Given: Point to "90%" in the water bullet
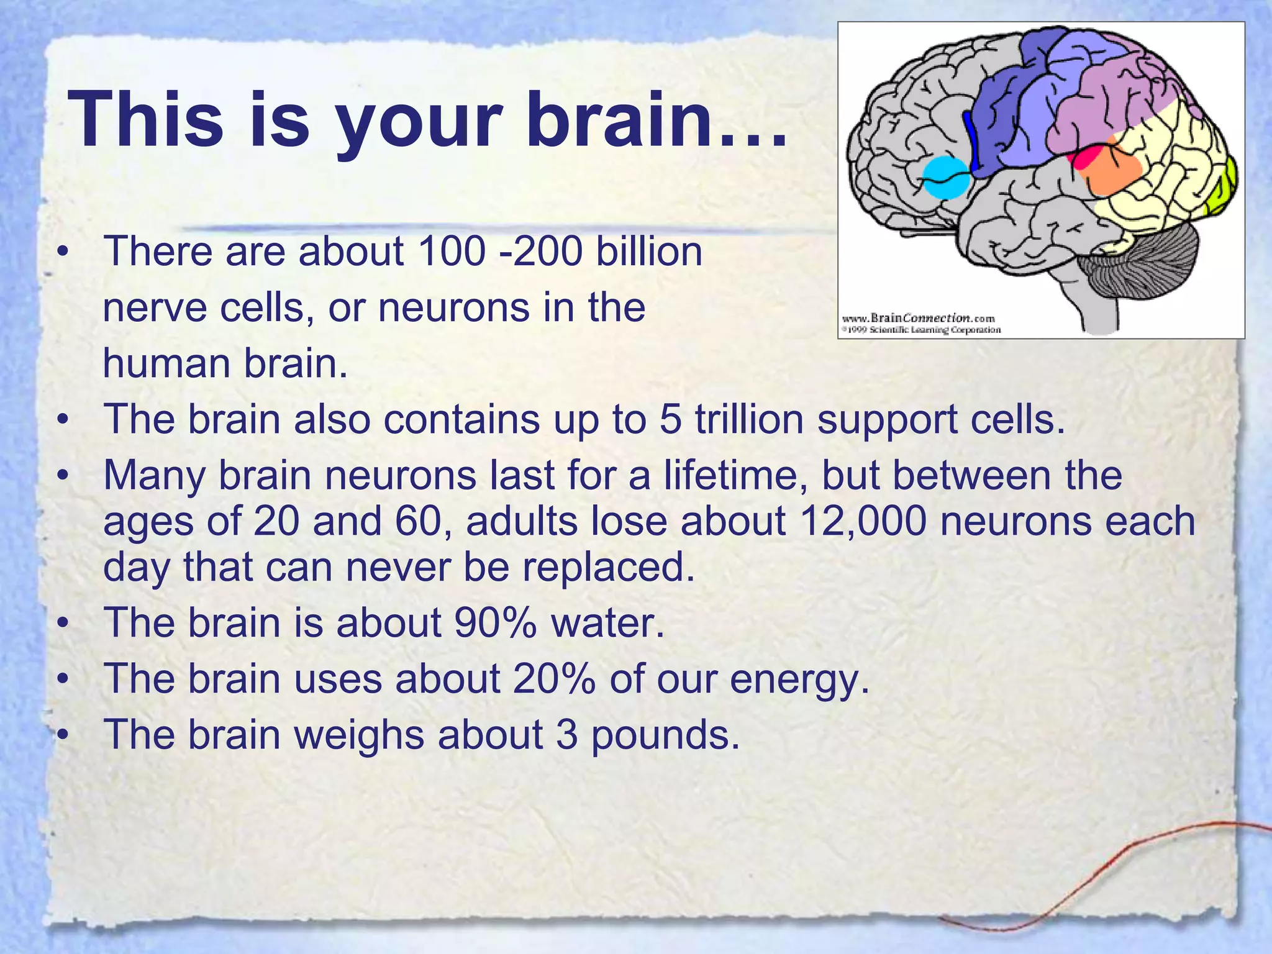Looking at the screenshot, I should [x=495, y=622].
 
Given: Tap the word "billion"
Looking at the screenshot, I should [x=649, y=252].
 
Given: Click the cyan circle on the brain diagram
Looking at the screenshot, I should [x=945, y=177].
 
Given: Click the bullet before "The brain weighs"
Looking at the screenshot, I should [x=61, y=735].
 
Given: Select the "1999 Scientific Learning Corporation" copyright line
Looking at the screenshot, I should [x=921, y=330].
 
